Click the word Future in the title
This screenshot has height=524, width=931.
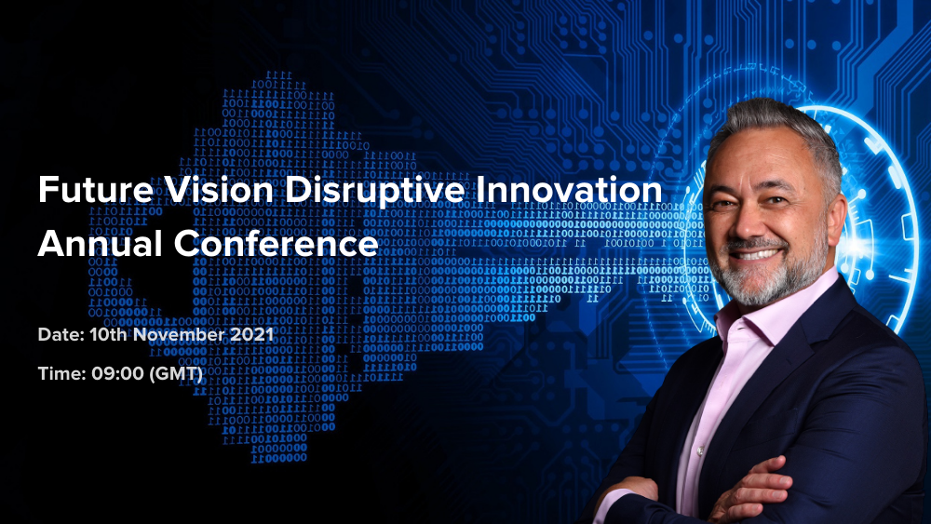click(x=96, y=190)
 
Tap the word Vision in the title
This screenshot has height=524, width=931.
click(x=219, y=190)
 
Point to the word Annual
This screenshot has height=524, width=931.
click(x=101, y=243)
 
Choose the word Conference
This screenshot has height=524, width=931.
click(x=277, y=243)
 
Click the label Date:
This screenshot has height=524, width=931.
click(x=61, y=335)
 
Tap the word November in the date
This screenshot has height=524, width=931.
click(x=179, y=335)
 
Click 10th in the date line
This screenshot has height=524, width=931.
click(x=109, y=335)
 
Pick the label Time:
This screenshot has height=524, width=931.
click(x=61, y=373)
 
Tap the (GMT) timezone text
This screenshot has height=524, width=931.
click(x=176, y=374)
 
